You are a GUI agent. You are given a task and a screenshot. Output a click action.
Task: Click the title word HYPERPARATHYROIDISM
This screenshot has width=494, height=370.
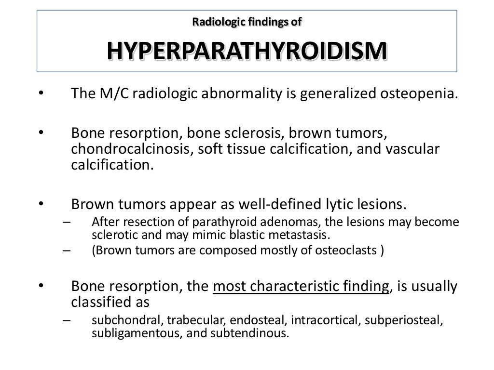pos(247,51)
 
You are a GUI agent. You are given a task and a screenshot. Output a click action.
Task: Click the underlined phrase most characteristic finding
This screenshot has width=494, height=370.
pos(301,286)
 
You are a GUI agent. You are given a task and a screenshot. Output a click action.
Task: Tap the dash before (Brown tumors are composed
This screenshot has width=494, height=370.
pos(66,251)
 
